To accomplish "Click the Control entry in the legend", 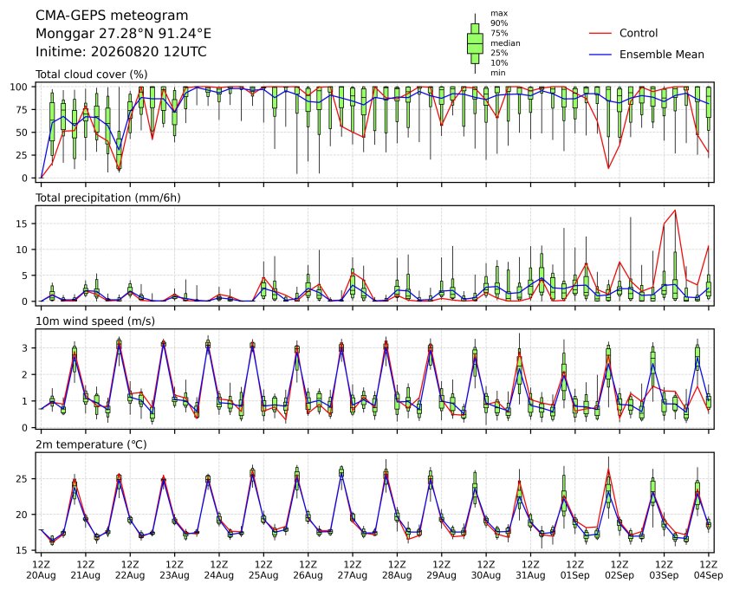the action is (638, 33).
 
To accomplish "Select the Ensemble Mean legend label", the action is (661, 55).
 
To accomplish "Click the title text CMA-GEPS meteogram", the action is (112, 16).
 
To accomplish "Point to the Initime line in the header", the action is (121, 51).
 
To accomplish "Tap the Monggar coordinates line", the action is (123, 34).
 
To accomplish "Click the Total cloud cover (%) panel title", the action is (92, 75).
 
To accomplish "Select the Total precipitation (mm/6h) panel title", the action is (108, 198).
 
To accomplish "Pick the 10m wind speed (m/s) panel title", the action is (95, 321).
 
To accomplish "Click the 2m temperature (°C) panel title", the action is (91, 444).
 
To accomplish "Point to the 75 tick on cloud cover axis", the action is (22, 110).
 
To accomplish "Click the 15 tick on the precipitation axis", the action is (22, 224).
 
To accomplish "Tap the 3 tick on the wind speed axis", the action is (25, 348).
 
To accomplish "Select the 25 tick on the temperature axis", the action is (22, 479).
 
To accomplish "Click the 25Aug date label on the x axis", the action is (263, 575).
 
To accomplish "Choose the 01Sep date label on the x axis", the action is (575, 575).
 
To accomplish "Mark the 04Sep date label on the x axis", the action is (709, 575).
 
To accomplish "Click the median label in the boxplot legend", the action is (505, 43).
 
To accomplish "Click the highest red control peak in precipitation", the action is (675, 210).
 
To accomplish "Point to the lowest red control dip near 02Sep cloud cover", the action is (608, 168).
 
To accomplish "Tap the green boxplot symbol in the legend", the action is (475, 43).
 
